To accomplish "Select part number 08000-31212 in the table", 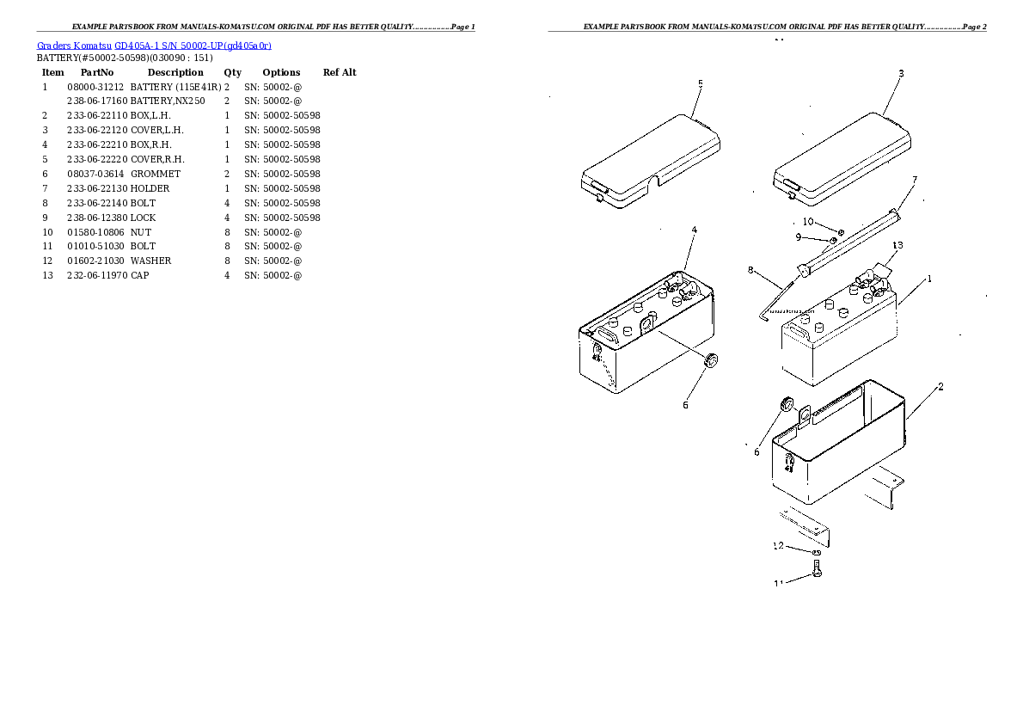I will click(x=95, y=87).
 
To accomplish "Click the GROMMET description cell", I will click(x=156, y=174).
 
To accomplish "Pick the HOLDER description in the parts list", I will click(x=150, y=188).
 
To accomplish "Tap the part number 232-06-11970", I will click(x=96, y=275).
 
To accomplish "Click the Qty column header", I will click(x=232, y=72).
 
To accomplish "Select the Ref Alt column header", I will click(x=339, y=72).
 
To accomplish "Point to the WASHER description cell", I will click(x=150, y=261).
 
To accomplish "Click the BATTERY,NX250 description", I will click(x=167, y=101).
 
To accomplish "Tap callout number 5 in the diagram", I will click(x=700, y=83).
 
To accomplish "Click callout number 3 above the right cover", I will click(x=900, y=74).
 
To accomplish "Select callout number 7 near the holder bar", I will click(x=914, y=180).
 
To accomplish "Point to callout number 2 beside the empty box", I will click(x=940, y=387).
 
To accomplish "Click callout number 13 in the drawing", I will click(x=897, y=245).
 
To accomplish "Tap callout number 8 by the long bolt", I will click(x=750, y=270).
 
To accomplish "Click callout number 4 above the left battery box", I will click(x=693, y=230).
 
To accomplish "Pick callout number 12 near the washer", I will click(x=778, y=545).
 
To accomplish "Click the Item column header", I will click(x=52, y=72).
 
